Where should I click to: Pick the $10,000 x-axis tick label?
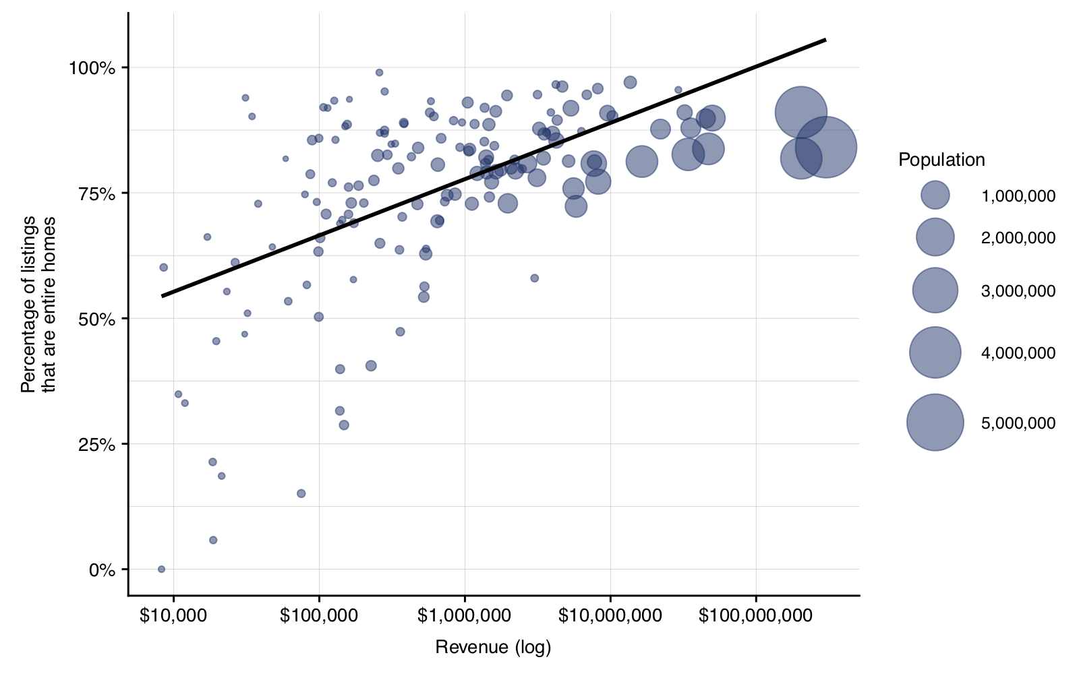(x=173, y=616)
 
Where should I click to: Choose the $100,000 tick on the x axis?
(x=319, y=616)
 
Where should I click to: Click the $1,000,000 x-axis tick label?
(x=465, y=616)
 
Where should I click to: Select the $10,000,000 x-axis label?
(x=610, y=616)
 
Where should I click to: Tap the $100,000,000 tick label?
(x=755, y=616)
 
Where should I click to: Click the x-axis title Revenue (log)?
(x=493, y=648)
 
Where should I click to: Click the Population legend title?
(x=941, y=160)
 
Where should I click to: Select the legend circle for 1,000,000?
(x=935, y=195)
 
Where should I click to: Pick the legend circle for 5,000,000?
(x=935, y=423)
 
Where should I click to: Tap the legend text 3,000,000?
(x=1018, y=291)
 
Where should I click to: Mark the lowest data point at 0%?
(x=161, y=569)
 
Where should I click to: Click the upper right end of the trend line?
(x=825, y=40)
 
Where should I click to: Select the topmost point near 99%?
(x=379, y=72)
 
